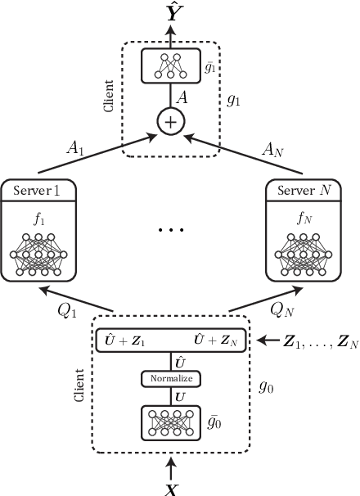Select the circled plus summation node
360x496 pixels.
(171, 123)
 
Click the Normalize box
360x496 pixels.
(171, 379)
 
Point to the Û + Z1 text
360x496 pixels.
(124, 338)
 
